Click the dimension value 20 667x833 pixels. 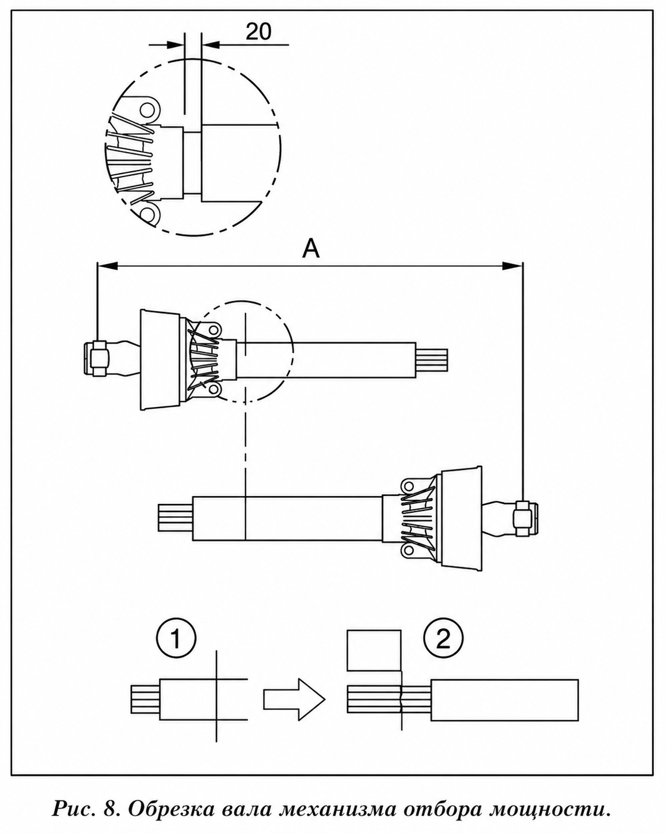click(259, 31)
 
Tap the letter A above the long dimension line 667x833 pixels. click(311, 250)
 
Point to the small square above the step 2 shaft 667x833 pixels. click(374, 650)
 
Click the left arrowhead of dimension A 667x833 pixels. click(107, 266)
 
